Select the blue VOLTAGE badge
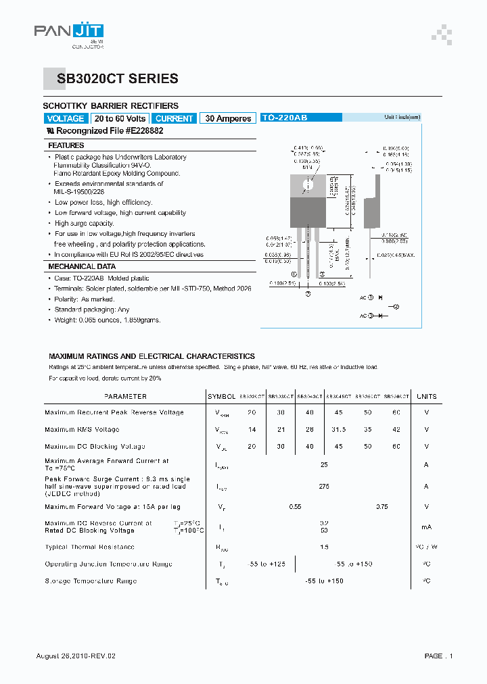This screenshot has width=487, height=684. tap(66, 118)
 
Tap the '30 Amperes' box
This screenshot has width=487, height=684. tap(228, 118)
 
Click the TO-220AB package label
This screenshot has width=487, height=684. tap(284, 118)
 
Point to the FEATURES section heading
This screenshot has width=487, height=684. tap(66, 145)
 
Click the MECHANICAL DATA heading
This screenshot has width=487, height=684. tap(77, 267)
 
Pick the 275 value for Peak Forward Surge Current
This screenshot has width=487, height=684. tap(324, 486)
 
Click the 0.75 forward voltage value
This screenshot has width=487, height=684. tap(381, 506)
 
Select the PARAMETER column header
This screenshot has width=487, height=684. tap(125, 396)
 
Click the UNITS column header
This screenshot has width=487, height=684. tap(426, 396)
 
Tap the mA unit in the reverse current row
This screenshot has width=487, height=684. tap(426, 527)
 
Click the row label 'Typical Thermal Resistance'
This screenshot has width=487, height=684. tap(89, 547)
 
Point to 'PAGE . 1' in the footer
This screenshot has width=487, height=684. tap(438, 656)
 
